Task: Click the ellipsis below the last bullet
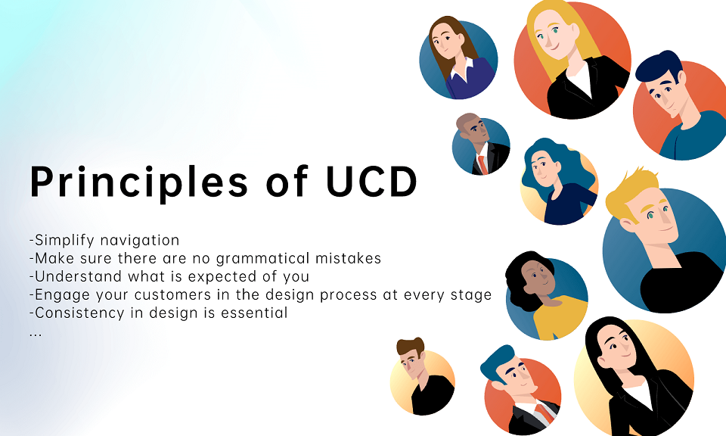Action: [36, 332]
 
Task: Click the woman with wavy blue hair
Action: [552, 178]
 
